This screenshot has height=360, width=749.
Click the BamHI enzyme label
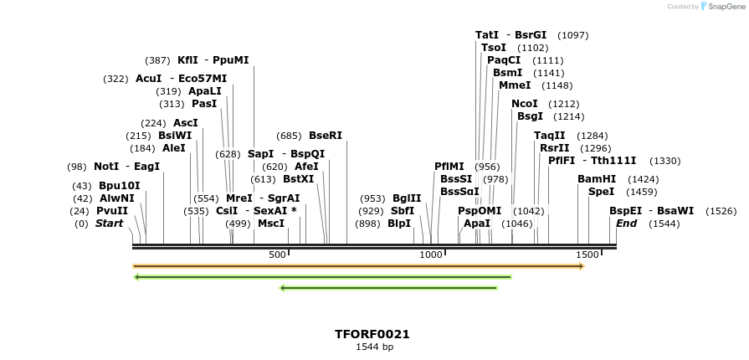pyautogui.click(x=597, y=179)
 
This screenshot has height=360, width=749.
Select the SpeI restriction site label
pyautogui.click(x=601, y=192)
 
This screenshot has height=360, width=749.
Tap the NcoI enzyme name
pyautogui.click(x=525, y=104)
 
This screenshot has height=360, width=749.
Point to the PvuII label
pyautogui.click(x=112, y=211)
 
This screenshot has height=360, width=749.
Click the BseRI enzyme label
pyautogui.click(x=326, y=136)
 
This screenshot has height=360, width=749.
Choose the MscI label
pyautogui.click(x=271, y=224)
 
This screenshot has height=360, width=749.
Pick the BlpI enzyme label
pyautogui.click(x=399, y=224)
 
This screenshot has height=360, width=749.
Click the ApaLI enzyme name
pyautogui.click(x=205, y=91)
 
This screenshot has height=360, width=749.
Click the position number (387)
pyautogui.click(x=157, y=60)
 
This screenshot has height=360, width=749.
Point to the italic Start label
pyautogui.click(x=109, y=224)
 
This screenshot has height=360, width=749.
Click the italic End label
pyautogui.click(x=627, y=224)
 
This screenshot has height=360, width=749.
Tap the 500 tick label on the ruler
pyautogui.click(x=277, y=255)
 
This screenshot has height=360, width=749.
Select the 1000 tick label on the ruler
pyautogui.click(x=430, y=255)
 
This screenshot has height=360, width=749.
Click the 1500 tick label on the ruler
pyautogui.click(x=587, y=255)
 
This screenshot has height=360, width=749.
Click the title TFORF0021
pyautogui.click(x=372, y=334)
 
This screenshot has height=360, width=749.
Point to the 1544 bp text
pyautogui.click(x=374, y=347)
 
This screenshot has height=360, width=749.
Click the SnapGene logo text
pyautogui.click(x=726, y=7)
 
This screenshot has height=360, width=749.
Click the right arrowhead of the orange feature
pyautogui.click(x=581, y=266)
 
